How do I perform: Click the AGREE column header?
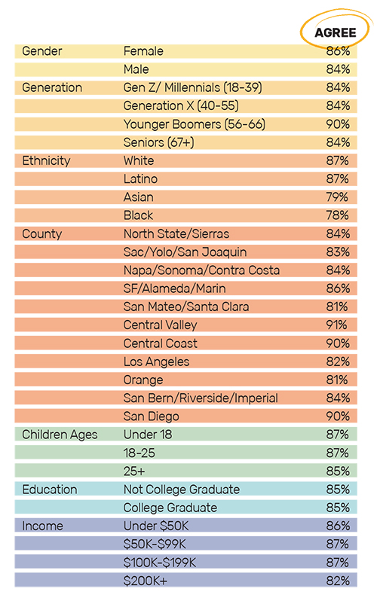click(336, 32)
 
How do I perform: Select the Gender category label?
click(41, 51)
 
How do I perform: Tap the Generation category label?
click(52, 87)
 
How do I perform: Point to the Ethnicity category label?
click(46, 160)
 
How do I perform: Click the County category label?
click(41, 233)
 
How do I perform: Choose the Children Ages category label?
click(60, 435)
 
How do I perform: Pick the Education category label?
click(50, 490)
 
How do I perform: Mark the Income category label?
click(42, 526)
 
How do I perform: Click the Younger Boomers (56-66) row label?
click(195, 124)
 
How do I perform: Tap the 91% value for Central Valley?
click(336, 325)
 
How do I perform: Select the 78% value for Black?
click(338, 215)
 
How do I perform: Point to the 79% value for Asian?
click(337, 197)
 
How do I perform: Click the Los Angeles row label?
click(156, 362)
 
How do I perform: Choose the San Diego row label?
click(152, 416)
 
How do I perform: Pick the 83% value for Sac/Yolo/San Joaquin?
click(338, 252)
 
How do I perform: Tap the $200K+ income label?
click(145, 581)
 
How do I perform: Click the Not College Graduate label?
click(182, 490)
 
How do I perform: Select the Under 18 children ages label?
click(148, 435)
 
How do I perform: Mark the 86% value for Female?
click(338, 51)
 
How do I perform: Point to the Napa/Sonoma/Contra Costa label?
click(201, 270)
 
